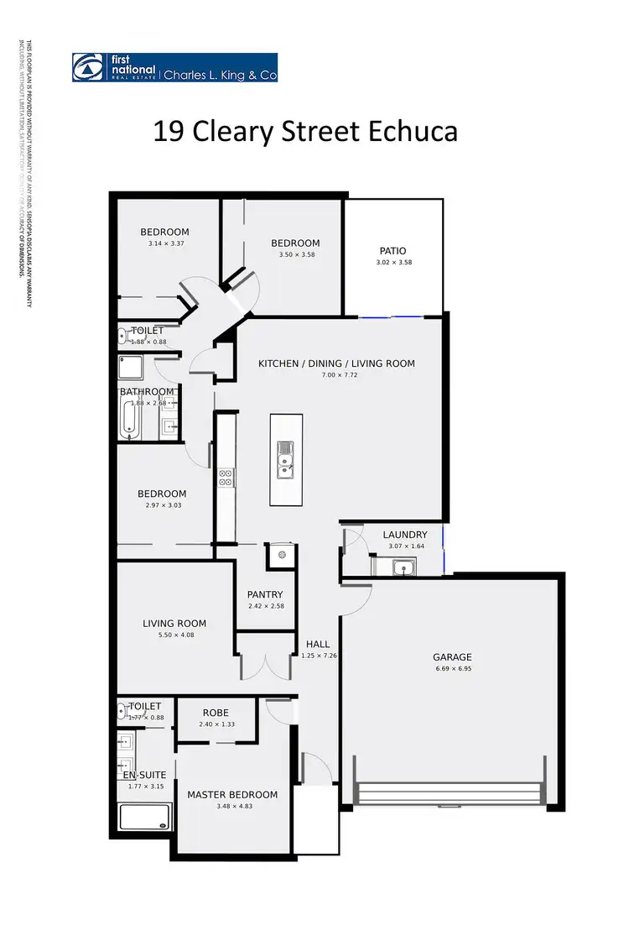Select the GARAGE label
coord(452,657)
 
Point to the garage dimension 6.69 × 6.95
coord(452,669)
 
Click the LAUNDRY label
coord(405,535)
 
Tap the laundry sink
coord(406,568)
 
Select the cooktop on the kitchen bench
coord(226,477)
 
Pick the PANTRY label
coord(265,594)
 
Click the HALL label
coord(318,644)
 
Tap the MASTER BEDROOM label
coord(232,795)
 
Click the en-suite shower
coord(146,817)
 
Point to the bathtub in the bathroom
coord(128,420)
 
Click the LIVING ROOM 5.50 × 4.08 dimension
coord(174,635)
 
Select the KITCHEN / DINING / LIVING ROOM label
coord(336,363)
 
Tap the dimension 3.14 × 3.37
coord(164,243)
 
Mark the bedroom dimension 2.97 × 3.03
coord(162,505)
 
